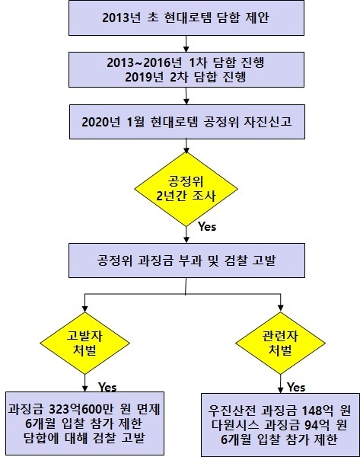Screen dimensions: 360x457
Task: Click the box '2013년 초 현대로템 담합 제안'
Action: pos(186,18)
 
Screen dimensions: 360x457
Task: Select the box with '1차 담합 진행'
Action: pos(186,69)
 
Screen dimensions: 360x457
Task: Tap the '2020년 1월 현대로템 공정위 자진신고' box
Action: pos(187,122)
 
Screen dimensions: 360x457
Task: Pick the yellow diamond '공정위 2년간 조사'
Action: pos(186,189)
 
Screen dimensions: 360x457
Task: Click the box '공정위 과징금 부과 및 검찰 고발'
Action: pos(186,260)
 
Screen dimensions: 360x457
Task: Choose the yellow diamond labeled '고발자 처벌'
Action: pos(84,343)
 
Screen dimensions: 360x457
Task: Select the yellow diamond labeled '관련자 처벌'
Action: pos(280,343)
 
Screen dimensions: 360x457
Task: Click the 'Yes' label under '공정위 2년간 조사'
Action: pos(207,226)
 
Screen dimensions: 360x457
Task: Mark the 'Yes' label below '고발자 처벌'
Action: pos(107,387)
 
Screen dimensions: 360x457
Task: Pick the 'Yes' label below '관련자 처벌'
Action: pos(296,387)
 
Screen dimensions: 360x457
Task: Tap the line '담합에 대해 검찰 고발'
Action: pos(84,438)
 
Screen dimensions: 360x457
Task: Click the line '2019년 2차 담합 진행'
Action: pos(186,77)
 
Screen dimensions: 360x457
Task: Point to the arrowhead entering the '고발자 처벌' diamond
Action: pos(84,309)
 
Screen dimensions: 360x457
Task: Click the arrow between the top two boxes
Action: pos(186,44)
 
